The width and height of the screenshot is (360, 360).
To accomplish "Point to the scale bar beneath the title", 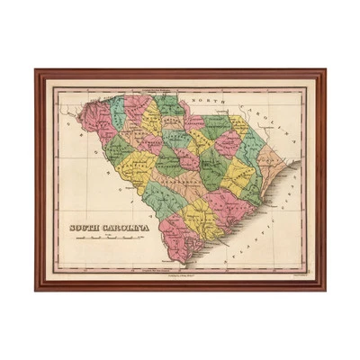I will click(109, 239).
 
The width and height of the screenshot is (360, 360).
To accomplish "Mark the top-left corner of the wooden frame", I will click(36, 69).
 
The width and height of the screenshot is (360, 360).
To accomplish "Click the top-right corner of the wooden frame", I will click(325, 69).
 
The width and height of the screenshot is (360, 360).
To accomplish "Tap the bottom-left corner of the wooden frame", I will click(36, 290).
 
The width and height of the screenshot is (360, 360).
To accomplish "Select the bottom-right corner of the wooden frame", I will click(325, 290).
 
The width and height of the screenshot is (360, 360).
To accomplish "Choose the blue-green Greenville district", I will click(117, 112).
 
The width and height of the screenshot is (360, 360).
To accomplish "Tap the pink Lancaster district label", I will click(193, 121).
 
